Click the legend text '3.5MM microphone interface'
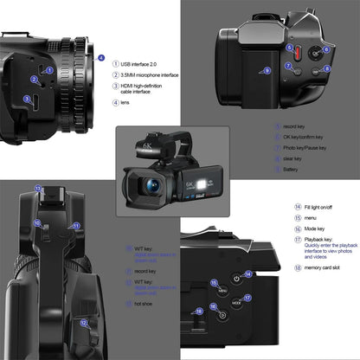tap(149, 75)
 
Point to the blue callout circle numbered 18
tap(202, 309)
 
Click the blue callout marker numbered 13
tap(37, 187)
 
